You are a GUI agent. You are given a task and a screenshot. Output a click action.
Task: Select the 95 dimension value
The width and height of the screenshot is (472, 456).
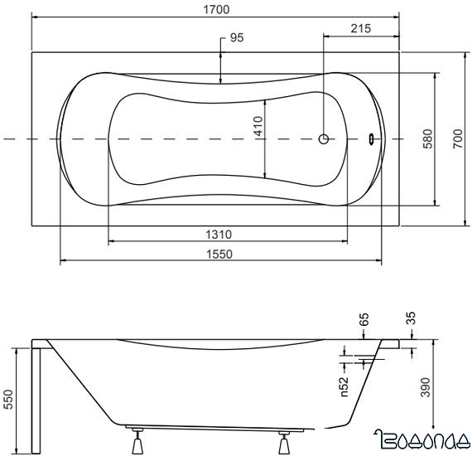[237, 38]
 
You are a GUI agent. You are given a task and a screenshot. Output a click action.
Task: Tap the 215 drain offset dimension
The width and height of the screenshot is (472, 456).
[359, 28]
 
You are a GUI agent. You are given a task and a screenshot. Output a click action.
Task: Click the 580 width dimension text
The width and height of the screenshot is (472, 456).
[427, 138]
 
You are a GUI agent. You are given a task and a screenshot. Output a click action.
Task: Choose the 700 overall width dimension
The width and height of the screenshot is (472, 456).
[458, 138]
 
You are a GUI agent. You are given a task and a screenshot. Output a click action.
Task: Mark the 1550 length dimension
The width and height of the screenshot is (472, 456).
[219, 255]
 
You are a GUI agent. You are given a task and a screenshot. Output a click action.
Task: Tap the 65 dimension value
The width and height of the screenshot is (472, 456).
[364, 319]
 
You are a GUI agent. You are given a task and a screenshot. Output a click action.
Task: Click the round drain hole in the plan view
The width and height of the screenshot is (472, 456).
[325, 139]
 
